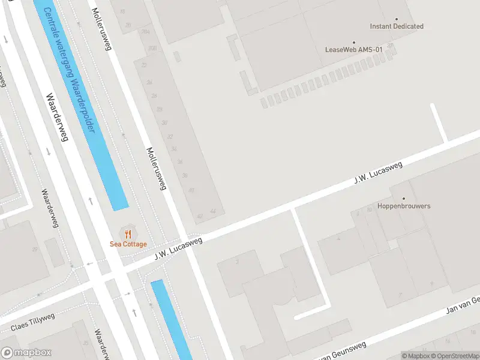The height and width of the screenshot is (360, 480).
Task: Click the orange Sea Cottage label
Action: point(128,244)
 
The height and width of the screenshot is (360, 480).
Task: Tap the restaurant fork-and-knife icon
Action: point(128,233)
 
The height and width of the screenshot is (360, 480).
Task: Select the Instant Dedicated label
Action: point(397,26)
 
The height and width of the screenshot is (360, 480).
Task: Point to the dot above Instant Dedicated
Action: point(397,19)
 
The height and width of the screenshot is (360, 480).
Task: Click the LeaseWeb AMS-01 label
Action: point(353,50)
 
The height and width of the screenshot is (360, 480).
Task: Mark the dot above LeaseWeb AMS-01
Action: point(353,42)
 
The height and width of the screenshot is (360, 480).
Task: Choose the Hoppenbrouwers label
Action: point(404,206)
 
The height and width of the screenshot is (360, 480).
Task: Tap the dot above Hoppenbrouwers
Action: point(404,198)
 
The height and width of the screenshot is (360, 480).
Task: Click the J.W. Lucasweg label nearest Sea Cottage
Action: point(179,248)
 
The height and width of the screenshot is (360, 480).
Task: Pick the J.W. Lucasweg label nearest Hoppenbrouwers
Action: point(377,170)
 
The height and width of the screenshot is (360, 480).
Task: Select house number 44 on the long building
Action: point(212,212)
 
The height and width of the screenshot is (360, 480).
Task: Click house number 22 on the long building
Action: point(143,64)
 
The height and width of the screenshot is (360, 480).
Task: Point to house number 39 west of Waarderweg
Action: point(35,250)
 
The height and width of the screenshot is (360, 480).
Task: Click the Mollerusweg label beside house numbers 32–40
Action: point(156,169)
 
